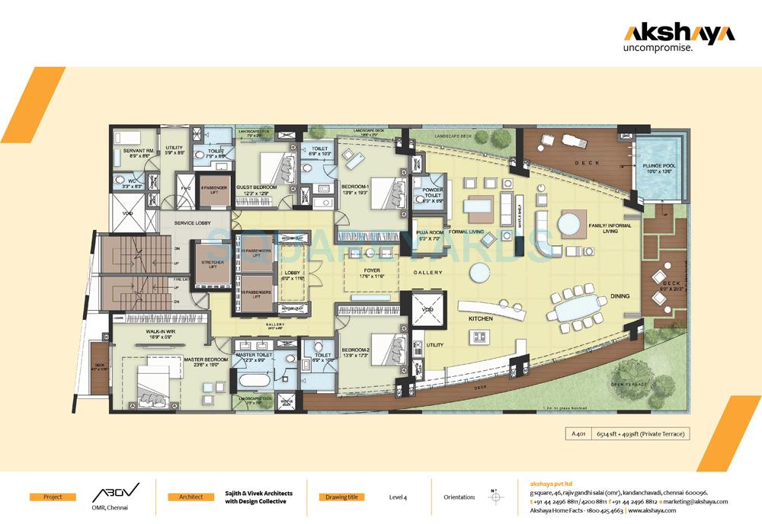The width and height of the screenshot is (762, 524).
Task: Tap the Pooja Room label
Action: [x=430, y=234]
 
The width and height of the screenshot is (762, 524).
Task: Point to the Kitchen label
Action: [x=481, y=318]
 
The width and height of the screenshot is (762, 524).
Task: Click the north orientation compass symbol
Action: [x=496, y=497]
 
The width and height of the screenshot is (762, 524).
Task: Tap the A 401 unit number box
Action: [x=574, y=434]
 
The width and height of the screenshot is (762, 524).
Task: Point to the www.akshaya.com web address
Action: [x=655, y=511]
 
